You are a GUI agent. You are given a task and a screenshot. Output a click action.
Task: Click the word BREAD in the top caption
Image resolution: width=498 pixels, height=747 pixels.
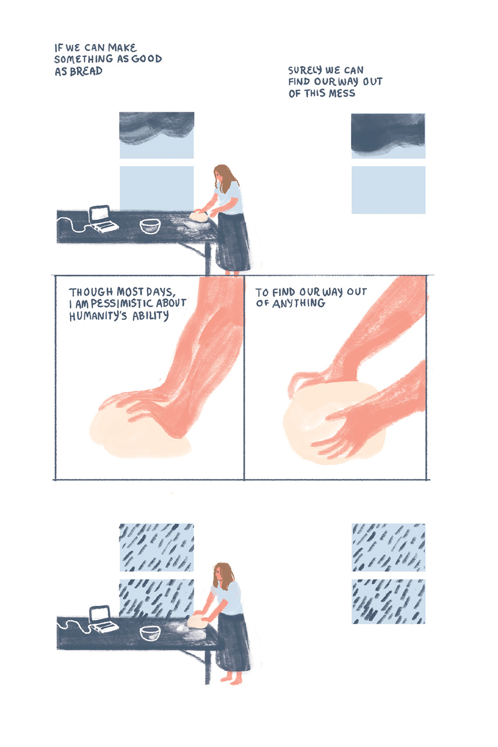(x=86, y=71)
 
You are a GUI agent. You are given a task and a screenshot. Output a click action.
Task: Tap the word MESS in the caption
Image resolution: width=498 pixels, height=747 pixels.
(x=342, y=93)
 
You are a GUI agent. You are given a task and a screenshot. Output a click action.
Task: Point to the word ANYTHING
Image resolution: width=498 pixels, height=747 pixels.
(x=299, y=303)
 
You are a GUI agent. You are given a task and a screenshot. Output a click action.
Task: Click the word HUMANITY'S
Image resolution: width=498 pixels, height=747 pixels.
(x=98, y=315)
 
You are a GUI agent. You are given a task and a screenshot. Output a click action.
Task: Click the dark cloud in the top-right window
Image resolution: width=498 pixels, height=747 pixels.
(x=388, y=132)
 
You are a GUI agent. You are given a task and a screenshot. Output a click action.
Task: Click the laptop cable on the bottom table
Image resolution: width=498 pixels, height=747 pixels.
(x=74, y=625)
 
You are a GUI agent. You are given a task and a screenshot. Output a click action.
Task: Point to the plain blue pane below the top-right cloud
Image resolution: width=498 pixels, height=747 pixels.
(x=388, y=190)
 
